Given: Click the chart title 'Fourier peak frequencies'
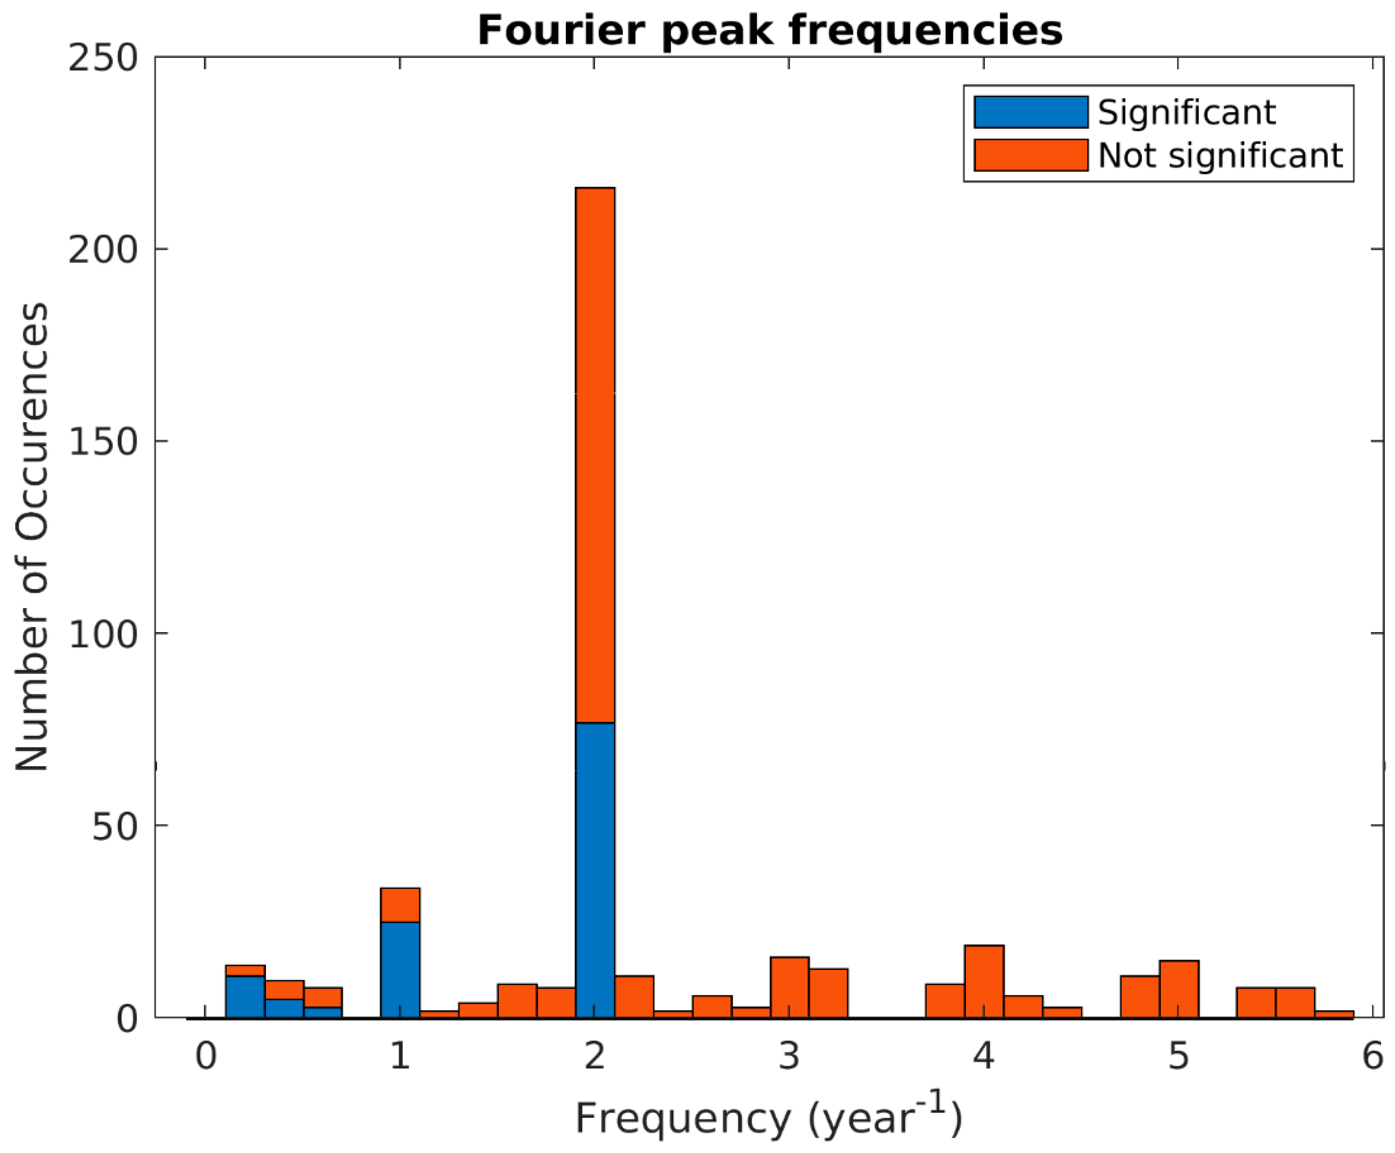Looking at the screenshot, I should (x=770, y=31).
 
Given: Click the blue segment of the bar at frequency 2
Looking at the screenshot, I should (x=595, y=870).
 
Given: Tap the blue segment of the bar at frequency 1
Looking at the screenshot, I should (x=400, y=969).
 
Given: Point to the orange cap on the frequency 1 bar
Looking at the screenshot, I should (x=400, y=905).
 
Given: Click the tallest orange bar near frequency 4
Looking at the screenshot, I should (x=984, y=982).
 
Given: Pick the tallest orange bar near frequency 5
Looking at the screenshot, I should (x=1179, y=989).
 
